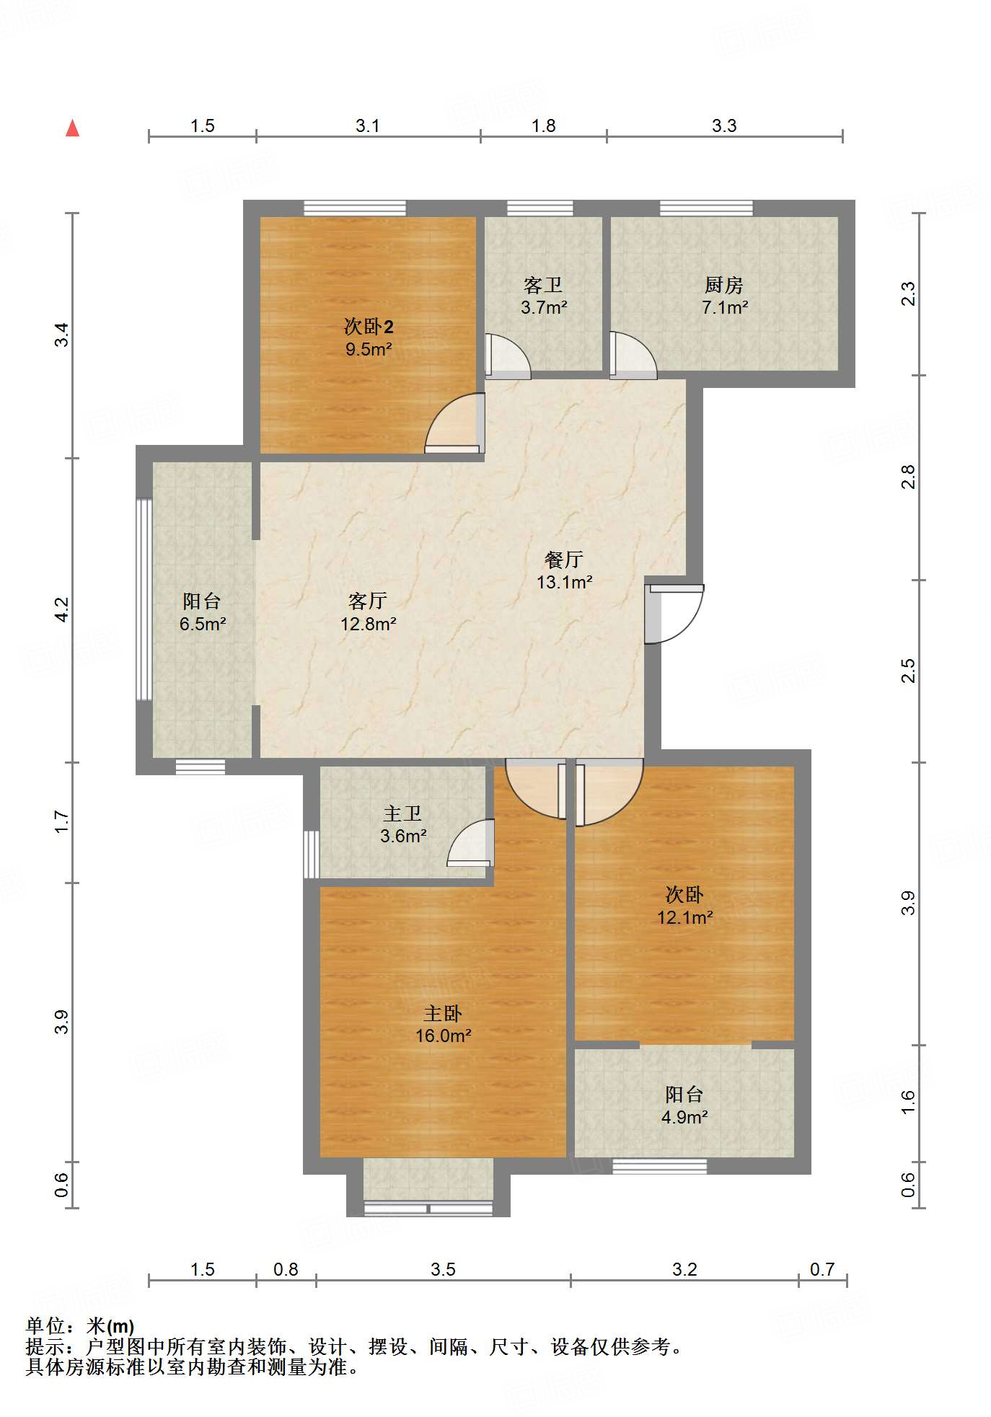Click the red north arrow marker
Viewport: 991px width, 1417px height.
click(72, 128)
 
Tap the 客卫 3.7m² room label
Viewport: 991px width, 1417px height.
click(544, 296)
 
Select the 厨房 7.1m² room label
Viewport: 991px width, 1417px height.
click(725, 296)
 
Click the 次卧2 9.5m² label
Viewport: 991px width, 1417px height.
click(369, 338)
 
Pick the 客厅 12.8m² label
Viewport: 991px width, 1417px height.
click(368, 612)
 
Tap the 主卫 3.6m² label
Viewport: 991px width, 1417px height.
click(403, 825)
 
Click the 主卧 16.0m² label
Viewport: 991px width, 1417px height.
click(443, 1025)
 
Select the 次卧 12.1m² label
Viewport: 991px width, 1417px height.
click(684, 906)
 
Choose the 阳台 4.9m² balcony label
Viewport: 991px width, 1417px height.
click(684, 1105)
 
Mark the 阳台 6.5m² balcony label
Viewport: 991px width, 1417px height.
click(202, 612)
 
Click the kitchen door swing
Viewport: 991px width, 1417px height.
click(633, 355)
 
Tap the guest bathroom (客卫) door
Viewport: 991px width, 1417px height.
click(508, 356)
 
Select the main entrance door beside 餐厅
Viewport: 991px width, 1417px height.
click(674, 613)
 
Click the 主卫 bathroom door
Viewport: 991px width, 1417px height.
click(470, 843)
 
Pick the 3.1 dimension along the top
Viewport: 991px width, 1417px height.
click(368, 126)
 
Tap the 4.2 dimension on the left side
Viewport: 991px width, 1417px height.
click(63, 610)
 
